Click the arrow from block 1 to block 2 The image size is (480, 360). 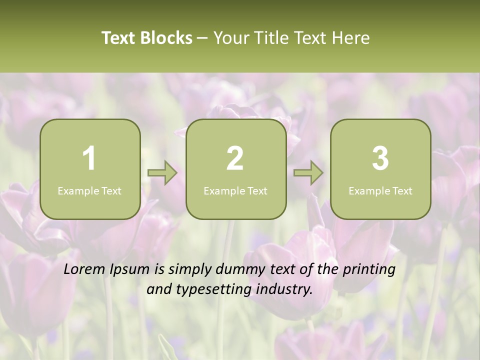(163, 173)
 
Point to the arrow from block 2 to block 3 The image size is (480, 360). (308, 173)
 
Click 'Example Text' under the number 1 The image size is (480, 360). (89, 191)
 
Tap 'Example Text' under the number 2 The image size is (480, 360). (235, 191)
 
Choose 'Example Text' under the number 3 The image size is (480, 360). (380, 191)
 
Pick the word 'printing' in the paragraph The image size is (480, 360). (369, 270)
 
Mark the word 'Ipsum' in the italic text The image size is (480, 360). (130, 270)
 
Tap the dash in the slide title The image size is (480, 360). (202, 38)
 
